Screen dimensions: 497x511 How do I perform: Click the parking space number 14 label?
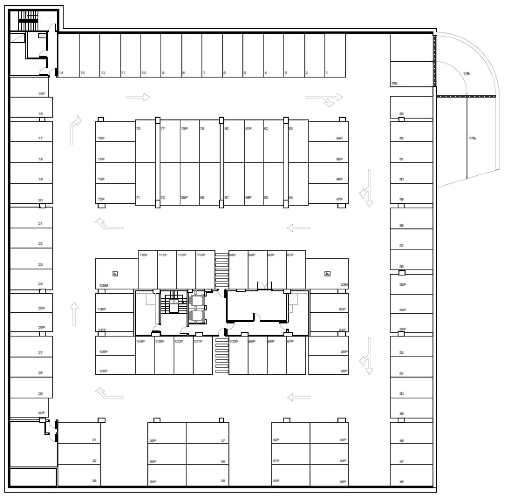tap(61, 73)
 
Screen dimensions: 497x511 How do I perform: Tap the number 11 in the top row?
tap(123, 73)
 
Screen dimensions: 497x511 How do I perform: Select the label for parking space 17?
tap(40, 138)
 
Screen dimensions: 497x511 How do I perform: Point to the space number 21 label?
tap(40, 224)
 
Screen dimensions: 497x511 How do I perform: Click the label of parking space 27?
tap(40, 353)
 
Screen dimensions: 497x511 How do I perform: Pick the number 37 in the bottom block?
tap(223, 441)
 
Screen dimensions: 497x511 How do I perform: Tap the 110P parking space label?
tap(143, 255)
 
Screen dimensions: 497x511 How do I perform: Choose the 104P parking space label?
tap(140, 341)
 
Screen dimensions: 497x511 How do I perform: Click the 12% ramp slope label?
tap(466, 74)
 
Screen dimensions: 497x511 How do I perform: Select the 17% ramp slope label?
tap(472, 139)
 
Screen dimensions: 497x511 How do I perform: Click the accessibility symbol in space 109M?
tap(115, 273)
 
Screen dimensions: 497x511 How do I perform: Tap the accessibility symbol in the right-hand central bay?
tap(327, 273)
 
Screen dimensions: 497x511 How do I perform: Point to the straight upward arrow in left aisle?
tap(74, 314)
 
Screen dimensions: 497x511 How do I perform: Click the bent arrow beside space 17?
tap(76, 129)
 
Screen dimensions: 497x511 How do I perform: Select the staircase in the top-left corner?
tap(28, 20)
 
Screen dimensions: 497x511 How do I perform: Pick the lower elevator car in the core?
tap(196, 316)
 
